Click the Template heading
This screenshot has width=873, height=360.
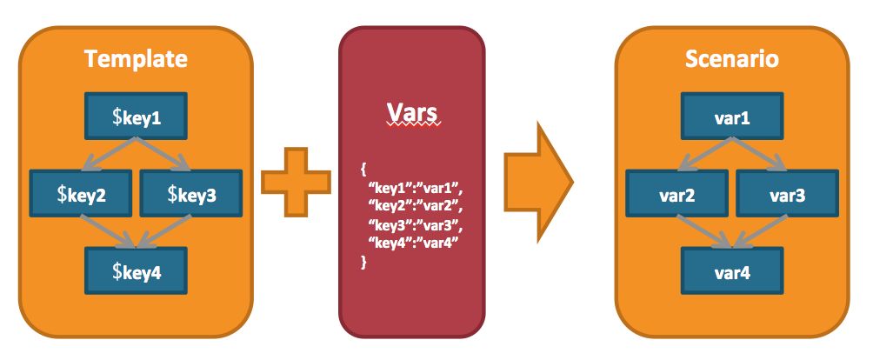[136, 60]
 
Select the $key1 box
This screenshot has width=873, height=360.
[136, 117]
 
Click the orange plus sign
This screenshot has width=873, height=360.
[296, 181]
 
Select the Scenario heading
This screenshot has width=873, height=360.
[731, 60]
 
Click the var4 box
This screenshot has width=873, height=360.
[731, 272]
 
